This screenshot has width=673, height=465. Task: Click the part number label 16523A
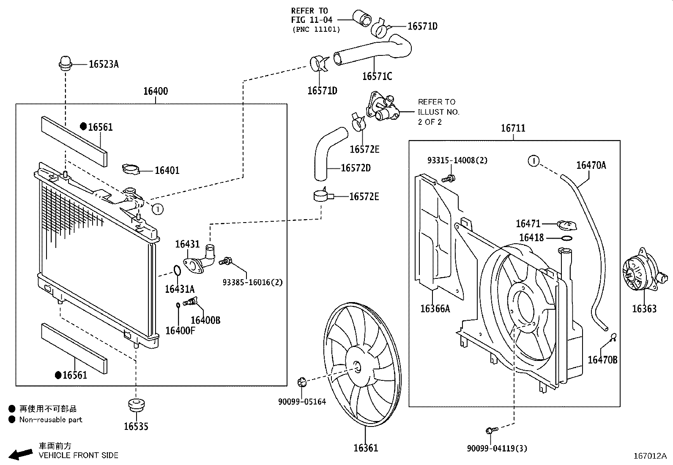pyautogui.click(x=104, y=64)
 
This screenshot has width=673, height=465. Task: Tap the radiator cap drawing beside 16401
pyautogui.click(x=131, y=169)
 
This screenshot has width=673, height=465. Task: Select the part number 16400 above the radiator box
pyautogui.click(x=156, y=91)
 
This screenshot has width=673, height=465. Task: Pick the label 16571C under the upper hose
pyautogui.click(x=377, y=77)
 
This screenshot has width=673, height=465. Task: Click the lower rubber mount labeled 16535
pyautogui.click(x=136, y=404)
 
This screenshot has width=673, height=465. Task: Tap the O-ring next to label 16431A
pyautogui.click(x=177, y=270)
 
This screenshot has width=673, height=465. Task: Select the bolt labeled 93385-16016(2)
pyautogui.click(x=225, y=261)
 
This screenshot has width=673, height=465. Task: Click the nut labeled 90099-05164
pyautogui.click(x=301, y=382)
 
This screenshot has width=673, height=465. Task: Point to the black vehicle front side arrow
pyautogui.click(x=20, y=454)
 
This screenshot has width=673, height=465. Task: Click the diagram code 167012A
pyautogui.click(x=650, y=456)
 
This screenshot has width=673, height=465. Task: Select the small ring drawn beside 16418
pyautogui.click(x=566, y=238)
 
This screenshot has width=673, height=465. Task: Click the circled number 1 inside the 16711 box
pyautogui.click(x=533, y=161)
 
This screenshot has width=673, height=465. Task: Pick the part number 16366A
pyautogui.click(x=435, y=308)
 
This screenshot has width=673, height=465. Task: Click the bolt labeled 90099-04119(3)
pyautogui.click(x=492, y=430)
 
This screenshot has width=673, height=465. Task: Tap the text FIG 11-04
pyautogui.click(x=312, y=20)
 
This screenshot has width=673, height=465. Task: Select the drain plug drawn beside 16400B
pyautogui.click(x=191, y=301)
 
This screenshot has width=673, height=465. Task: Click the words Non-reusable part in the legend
pyautogui.click(x=50, y=420)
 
